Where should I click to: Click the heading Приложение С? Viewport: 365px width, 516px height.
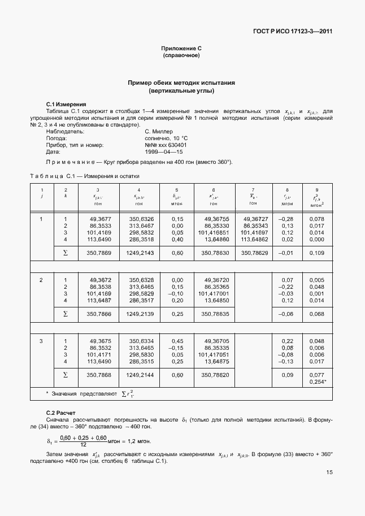point(181,49)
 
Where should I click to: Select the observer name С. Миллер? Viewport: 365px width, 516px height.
point(159,131)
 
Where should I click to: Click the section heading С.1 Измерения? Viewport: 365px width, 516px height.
point(66,104)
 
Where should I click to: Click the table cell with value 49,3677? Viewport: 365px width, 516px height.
point(100,219)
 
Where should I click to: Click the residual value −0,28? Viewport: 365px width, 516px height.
point(287,219)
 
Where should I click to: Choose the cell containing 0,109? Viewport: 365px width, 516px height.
point(317,253)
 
